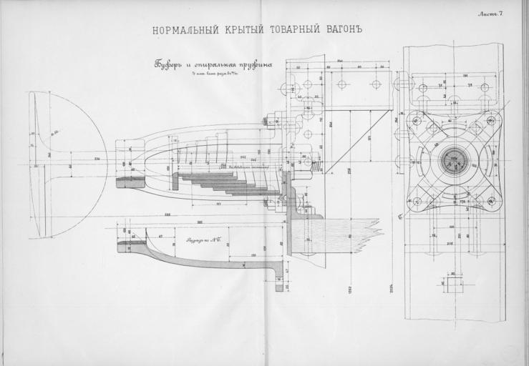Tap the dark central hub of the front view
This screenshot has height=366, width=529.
click(x=452, y=159)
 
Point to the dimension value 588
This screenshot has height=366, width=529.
click(x=167, y=214)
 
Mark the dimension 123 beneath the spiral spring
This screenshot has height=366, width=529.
click(x=217, y=204)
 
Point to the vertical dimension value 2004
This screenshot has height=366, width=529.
click(x=394, y=290)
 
